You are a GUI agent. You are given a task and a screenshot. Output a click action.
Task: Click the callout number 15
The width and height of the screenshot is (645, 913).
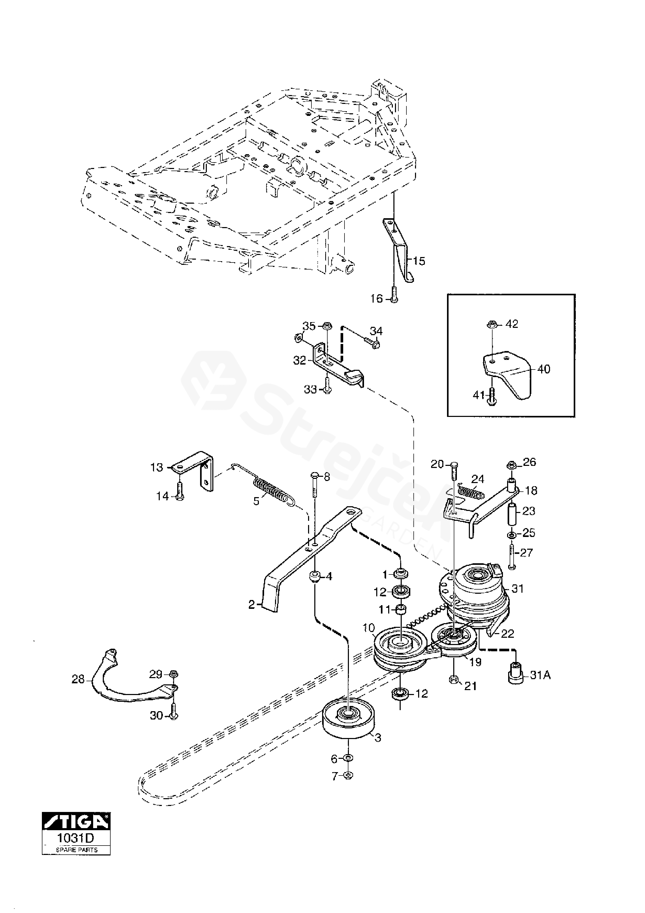click(419, 261)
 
